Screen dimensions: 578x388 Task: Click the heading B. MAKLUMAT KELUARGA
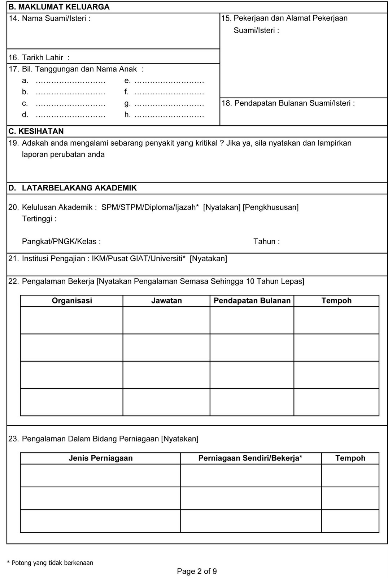point(59,7)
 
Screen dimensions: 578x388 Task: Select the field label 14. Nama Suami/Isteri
point(49,18)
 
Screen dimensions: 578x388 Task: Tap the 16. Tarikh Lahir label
point(39,57)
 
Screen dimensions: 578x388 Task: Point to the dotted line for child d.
point(70,115)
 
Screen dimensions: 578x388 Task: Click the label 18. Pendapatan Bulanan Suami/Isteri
point(288,103)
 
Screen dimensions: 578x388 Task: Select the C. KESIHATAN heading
point(36,131)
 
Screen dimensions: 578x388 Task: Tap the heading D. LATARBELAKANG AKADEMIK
point(73,188)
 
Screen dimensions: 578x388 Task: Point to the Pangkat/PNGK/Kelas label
point(61,241)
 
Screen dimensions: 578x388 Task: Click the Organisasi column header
point(72,301)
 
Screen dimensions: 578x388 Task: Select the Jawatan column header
point(166,301)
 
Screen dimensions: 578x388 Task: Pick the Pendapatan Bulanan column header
point(252,301)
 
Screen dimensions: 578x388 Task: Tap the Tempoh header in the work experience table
point(336,301)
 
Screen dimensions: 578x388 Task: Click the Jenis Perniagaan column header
point(100,458)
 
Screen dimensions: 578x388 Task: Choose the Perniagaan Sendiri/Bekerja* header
point(250,458)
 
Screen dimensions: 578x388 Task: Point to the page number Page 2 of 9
point(197,571)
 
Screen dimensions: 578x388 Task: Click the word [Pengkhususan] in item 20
point(271,207)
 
